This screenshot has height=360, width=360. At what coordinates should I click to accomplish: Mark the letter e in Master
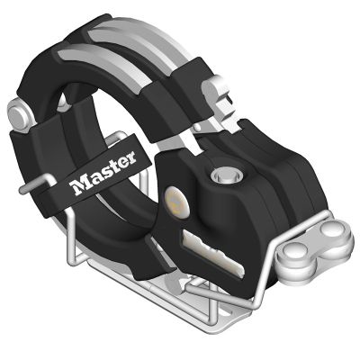click(x=122, y=164)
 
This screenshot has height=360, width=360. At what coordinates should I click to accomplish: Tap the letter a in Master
click(x=93, y=181)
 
